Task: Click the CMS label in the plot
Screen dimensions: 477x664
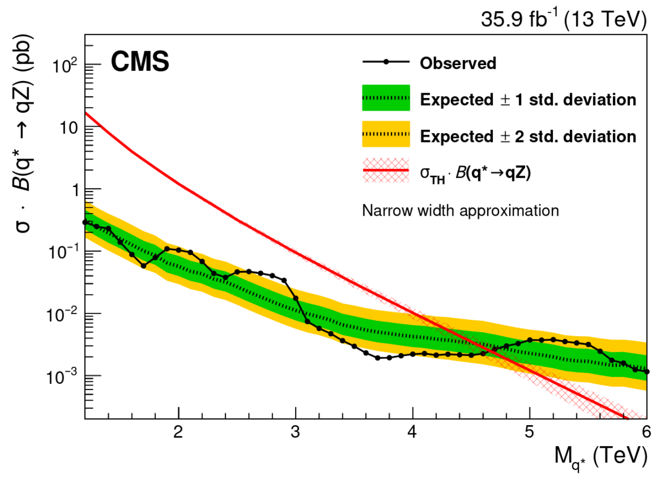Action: click(x=140, y=63)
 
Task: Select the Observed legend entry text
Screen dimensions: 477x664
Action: click(x=458, y=63)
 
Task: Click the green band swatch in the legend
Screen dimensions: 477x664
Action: click(x=386, y=98)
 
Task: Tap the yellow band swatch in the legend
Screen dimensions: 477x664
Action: click(x=386, y=135)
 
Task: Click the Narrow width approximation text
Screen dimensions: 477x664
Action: click(x=460, y=211)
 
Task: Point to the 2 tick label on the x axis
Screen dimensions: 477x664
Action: click(x=178, y=432)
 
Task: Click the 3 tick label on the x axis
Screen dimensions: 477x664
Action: click(x=295, y=432)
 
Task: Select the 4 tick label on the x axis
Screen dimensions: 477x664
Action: click(x=412, y=432)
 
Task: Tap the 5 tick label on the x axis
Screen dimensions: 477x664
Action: click(x=529, y=432)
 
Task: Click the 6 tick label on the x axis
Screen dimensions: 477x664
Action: click(x=646, y=432)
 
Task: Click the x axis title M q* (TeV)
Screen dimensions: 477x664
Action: click(x=600, y=456)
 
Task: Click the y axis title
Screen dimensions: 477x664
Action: click(x=25, y=133)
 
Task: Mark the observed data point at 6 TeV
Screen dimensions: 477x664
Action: click(x=647, y=371)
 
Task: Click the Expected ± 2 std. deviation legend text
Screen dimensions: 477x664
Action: click(x=528, y=136)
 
